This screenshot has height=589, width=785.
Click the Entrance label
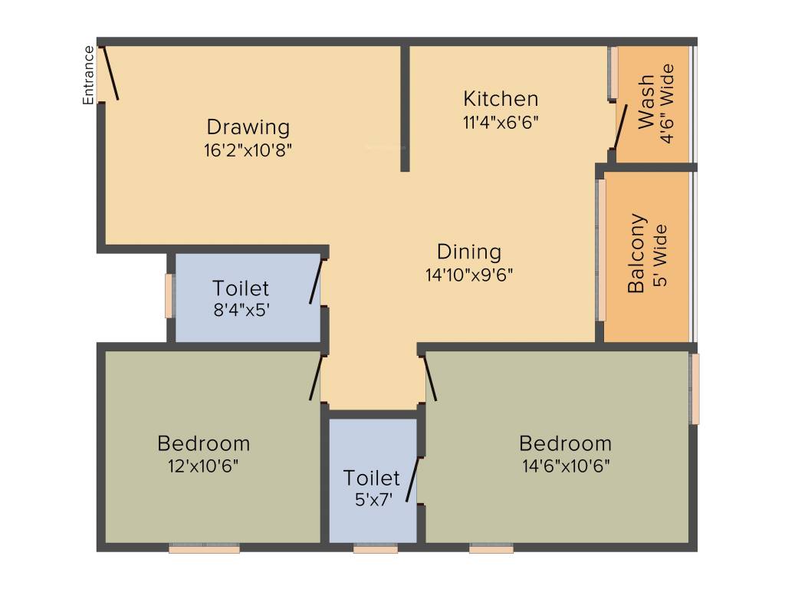pos(89,75)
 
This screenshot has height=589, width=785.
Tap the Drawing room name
pos(248,127)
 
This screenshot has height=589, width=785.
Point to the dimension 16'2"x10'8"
pos(248,150)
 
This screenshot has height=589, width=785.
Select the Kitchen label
pos(501,99)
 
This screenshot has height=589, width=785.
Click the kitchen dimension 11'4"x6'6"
pos(501,122)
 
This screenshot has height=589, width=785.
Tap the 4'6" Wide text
pos(668,104)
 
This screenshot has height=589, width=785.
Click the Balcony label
pos(637,254)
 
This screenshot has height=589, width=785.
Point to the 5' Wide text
pos(659,255)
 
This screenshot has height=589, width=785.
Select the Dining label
pos(468,252)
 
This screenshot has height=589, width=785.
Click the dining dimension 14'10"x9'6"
pos(468,274)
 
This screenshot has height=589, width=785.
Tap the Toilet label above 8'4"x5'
pos(241,288)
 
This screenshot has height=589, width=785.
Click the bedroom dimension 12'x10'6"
pos(203,466)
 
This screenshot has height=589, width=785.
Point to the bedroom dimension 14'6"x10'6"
pos(565,466)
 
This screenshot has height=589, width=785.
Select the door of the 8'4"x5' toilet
pos(316,281)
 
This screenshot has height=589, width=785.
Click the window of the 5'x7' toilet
pos(376,548)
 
